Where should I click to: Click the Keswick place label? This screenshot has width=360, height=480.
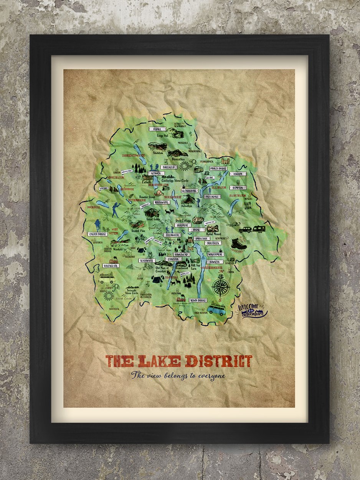(x=156, y=173)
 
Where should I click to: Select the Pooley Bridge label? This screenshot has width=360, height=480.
(x=218, y=169)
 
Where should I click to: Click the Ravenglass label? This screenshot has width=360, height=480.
(x=111, y=266)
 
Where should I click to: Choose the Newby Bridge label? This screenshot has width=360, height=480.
(x=198, y=300)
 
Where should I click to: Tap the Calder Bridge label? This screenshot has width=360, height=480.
(x=97, y=234)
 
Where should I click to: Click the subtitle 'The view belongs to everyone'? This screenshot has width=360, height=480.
(x=178, y=376)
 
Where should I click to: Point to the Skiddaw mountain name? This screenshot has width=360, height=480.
(x=158, y=152)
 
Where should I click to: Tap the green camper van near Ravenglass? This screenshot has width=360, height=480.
(x=107, y=278)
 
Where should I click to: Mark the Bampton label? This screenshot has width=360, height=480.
(x=238, y=188)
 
